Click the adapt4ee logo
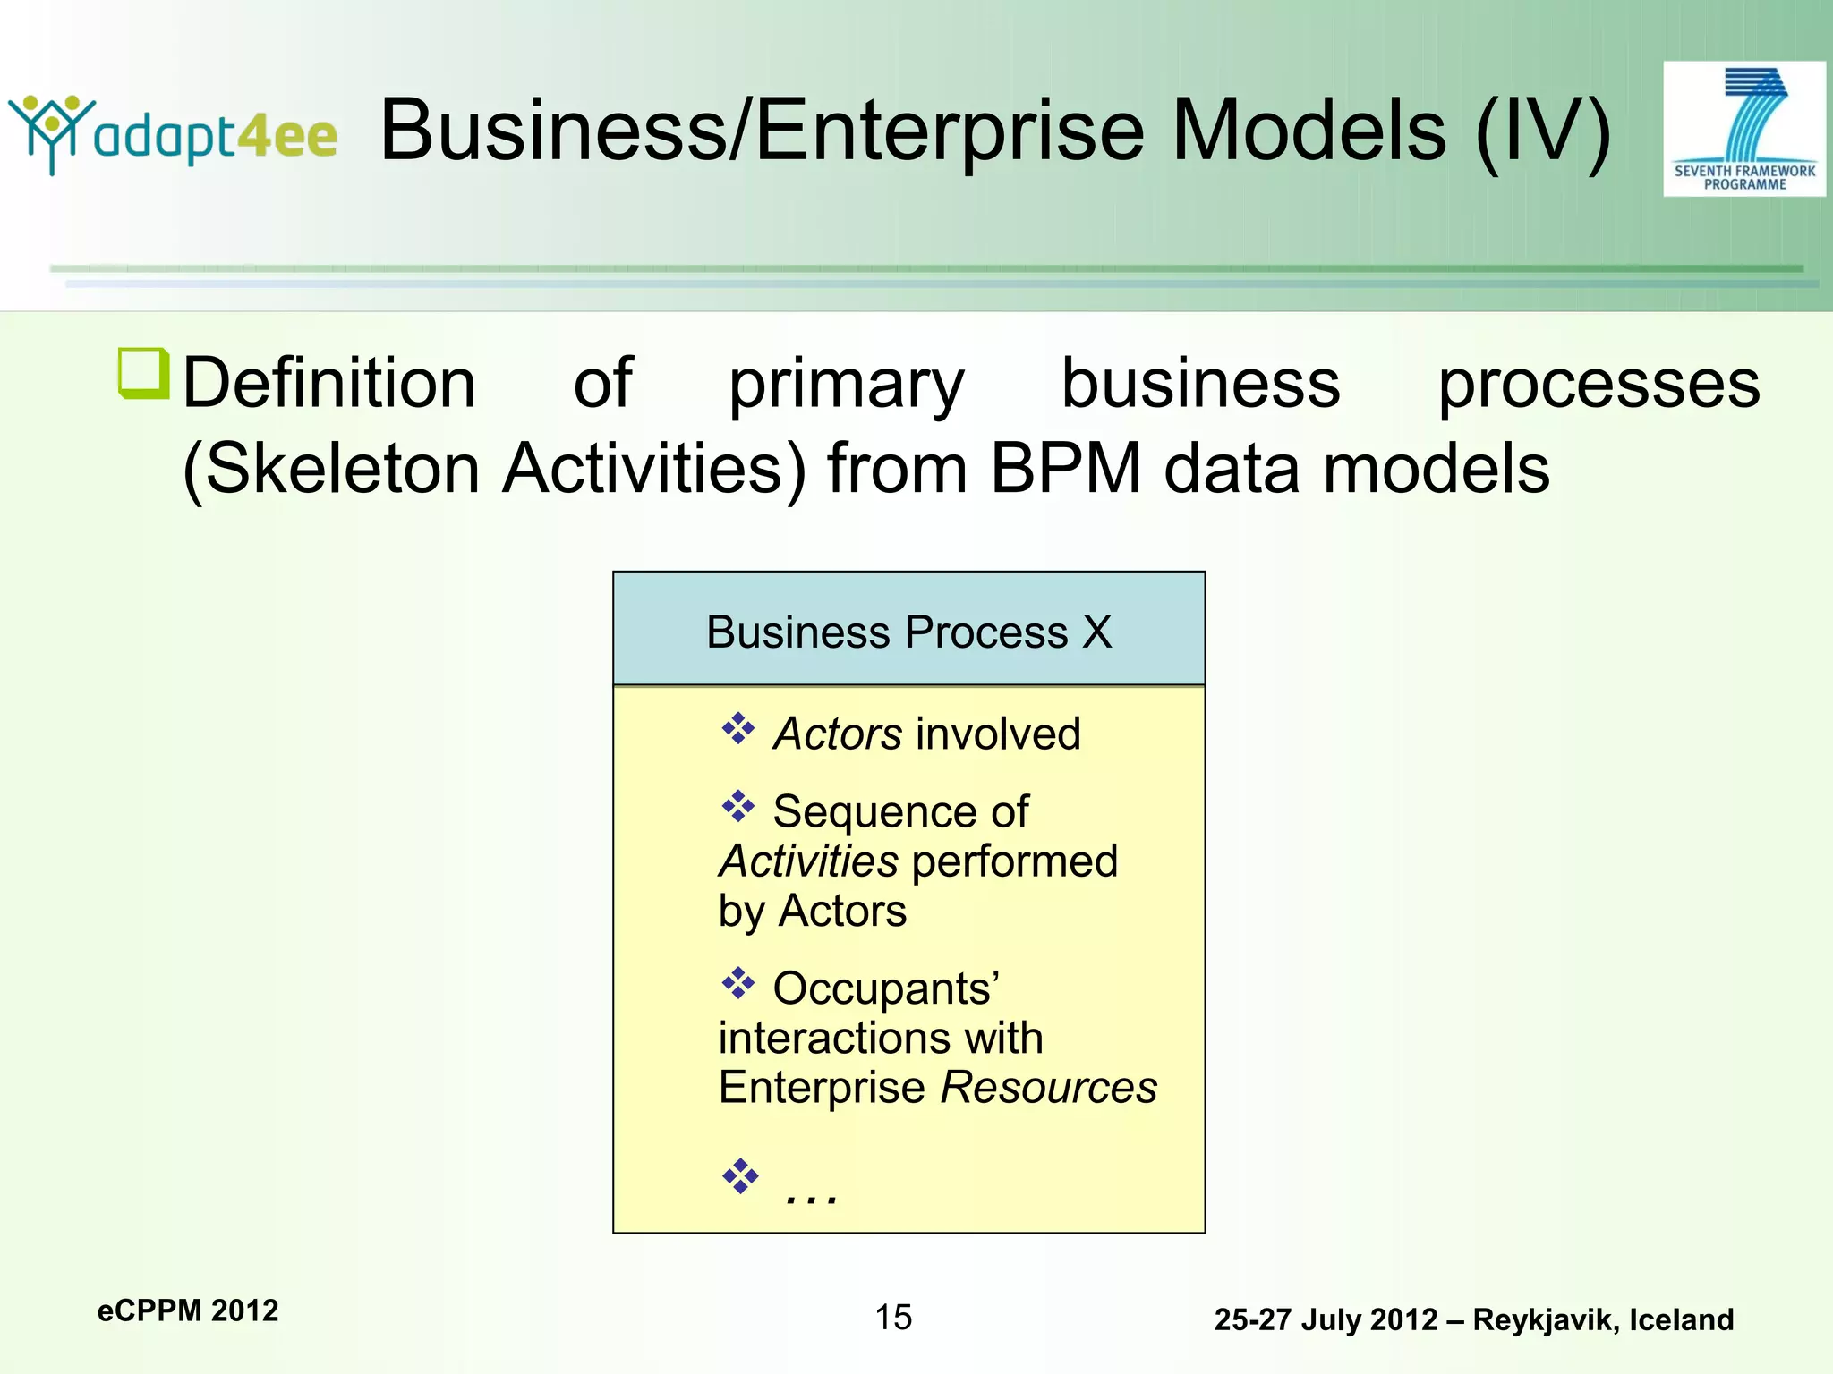173,134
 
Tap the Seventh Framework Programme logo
1743,129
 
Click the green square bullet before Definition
143,373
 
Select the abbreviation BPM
1066,468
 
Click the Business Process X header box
908,630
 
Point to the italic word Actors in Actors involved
838,734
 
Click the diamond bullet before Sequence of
738,807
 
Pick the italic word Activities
808,861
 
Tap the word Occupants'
886,988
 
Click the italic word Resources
1049,1088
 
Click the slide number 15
893,1317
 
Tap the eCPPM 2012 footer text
188,1310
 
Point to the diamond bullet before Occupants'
738,983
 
